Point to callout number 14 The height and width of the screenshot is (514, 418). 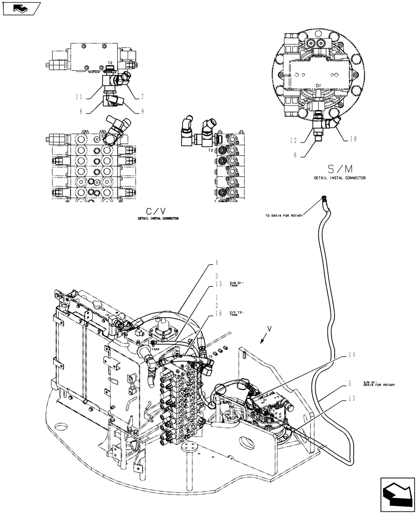click(x=352, y=354)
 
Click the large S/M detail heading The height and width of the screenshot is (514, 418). click(x=339, y=169)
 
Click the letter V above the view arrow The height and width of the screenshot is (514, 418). click(x=269, y=327)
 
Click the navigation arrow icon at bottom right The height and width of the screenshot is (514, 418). click(x=397, y=495)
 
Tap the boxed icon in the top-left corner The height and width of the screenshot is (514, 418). click(x=20, y=9)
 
